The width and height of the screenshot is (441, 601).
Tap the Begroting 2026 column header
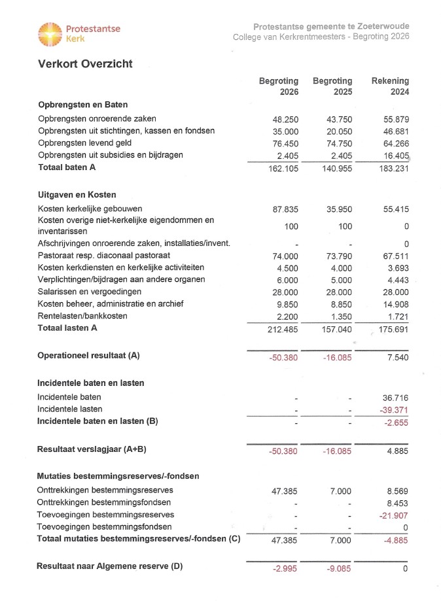279,86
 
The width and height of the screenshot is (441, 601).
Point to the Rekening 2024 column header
390,86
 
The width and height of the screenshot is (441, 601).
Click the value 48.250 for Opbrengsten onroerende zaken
285,120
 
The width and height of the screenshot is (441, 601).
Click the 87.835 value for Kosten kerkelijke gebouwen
285,210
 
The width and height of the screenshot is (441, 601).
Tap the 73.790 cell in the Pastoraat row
339,256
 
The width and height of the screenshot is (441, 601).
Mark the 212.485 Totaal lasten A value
283,328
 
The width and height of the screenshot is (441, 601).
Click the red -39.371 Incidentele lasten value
394,409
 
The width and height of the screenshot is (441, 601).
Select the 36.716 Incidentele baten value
395,397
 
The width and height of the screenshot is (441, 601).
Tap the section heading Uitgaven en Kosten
77,195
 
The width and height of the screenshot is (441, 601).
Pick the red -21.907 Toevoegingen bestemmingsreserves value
394,515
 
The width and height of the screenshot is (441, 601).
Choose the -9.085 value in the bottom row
340,568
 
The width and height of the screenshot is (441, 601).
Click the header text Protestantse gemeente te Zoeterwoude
331,27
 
